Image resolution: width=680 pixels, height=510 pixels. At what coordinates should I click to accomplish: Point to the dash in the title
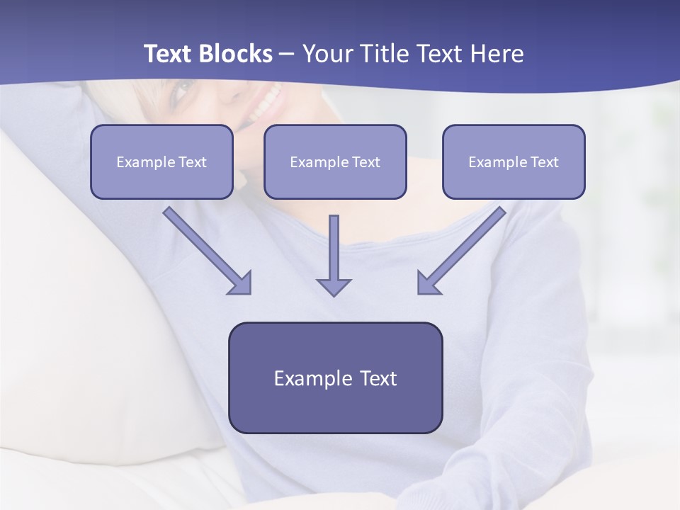pos(287,55)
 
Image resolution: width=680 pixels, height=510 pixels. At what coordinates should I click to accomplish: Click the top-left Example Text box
pos(161,161)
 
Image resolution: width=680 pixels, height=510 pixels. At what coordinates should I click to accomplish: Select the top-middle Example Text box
pos(335,161)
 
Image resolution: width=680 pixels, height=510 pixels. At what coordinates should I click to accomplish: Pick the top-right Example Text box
pos(514,161)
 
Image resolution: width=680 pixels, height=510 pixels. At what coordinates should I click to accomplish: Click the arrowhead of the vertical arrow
pos(334,287)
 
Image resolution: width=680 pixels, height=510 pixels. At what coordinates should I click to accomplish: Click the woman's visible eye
pos(182,89)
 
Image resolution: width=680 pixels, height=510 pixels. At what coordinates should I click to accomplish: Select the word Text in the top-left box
pos(192,162)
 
